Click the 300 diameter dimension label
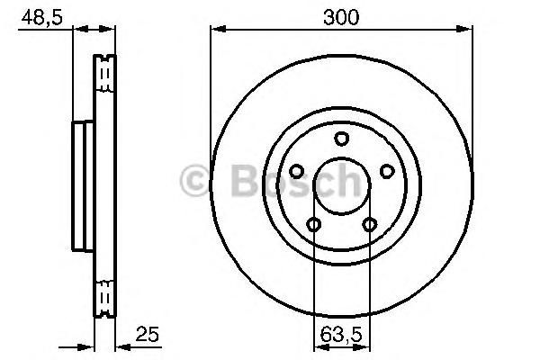[341, 17]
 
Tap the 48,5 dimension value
[42, 17]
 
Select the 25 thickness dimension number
[148, 334]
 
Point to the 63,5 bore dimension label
[341, 335]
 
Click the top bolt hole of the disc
[342, 139]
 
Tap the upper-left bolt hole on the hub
[296, 171]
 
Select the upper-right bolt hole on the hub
[387, 171]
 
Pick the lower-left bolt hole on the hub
[314, 225]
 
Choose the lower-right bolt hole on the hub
[370, 225]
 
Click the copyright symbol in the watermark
[194, 181]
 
